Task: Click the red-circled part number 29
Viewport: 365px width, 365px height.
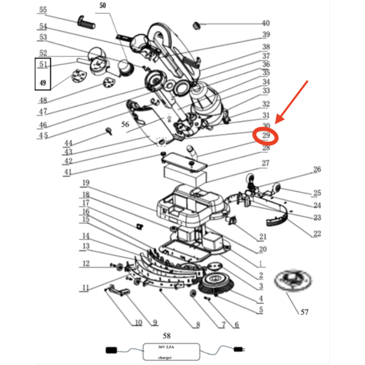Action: (266, 136)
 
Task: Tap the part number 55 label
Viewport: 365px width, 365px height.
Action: (43, 10)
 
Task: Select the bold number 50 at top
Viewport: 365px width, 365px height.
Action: (102, 5)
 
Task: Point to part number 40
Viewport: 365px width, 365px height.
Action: (266, 23)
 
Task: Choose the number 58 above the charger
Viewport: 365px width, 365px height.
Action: (167, 335)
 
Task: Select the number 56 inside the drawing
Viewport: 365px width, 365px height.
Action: (125, 123)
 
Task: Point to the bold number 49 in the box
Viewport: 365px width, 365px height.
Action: (43, 83)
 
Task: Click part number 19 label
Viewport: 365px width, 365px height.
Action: (86, 183)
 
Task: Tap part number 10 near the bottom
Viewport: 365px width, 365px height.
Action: (138, 322)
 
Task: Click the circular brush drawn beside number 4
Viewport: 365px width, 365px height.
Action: (212, 285)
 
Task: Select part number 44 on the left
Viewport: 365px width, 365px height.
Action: (68, 143)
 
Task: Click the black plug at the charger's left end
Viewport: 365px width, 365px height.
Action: (112, 350)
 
